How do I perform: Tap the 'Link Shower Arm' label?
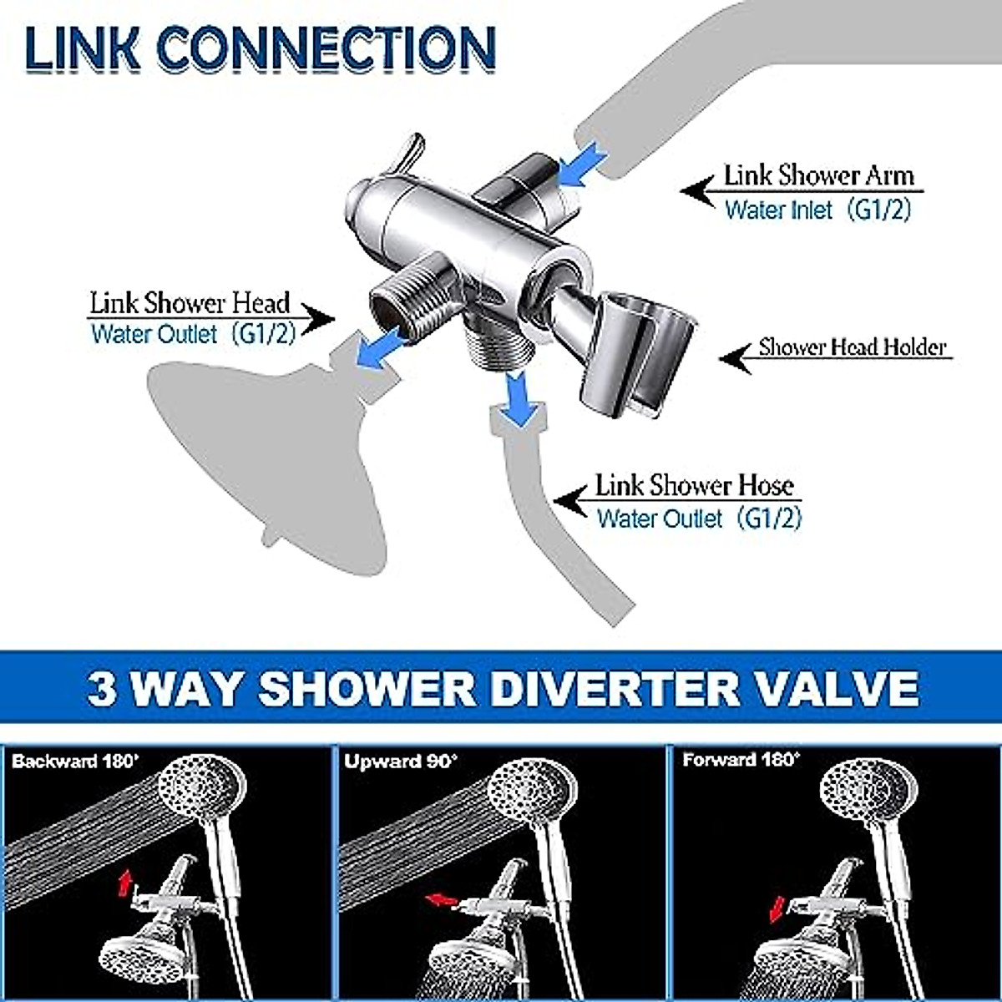click(x=818, y=176)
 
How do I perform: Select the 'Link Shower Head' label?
click(x=190, y=302)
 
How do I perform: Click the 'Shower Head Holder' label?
click(x=853, y=347)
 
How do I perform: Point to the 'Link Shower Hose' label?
click(x=693, y=486)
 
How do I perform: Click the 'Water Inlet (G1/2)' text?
click(x=817, y=210)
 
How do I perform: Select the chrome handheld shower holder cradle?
click(x=635, y=351)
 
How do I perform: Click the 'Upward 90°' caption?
click(x=400, y=762)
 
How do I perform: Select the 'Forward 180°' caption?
click(x=740, y=761)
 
